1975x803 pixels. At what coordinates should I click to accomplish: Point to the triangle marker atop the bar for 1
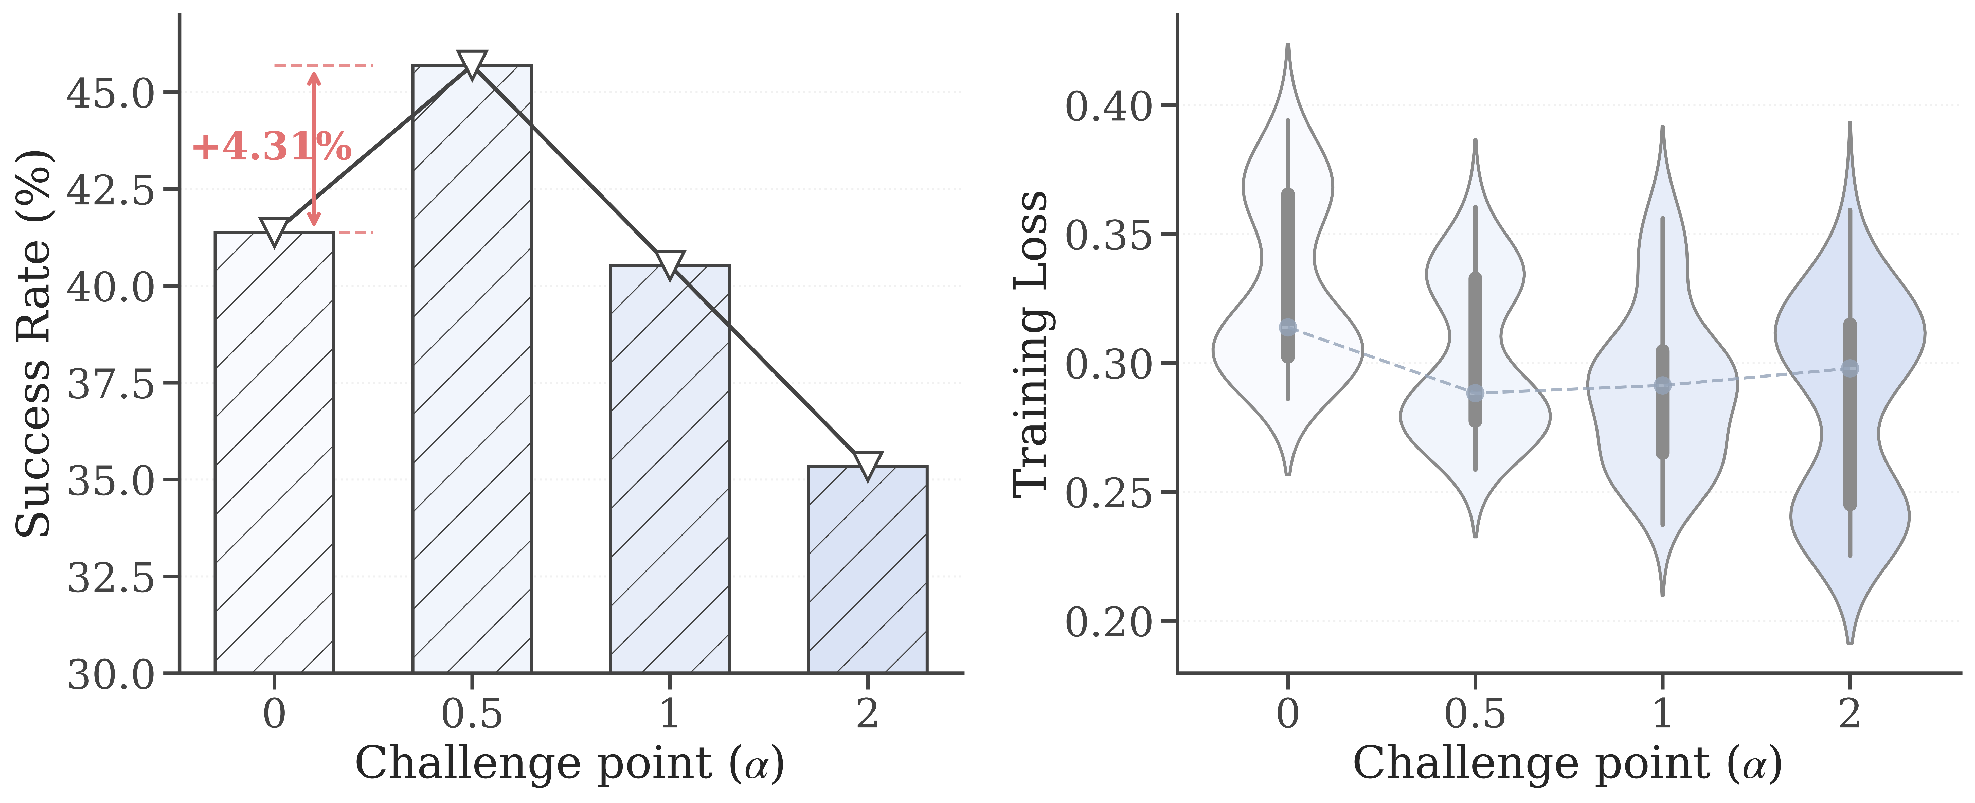click(669, 263)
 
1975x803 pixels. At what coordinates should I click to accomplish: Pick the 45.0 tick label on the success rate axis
click(111, 94)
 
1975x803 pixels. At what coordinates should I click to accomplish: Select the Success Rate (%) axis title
click(34, 344)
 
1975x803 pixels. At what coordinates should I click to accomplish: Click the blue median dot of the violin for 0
click(1288, 328)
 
